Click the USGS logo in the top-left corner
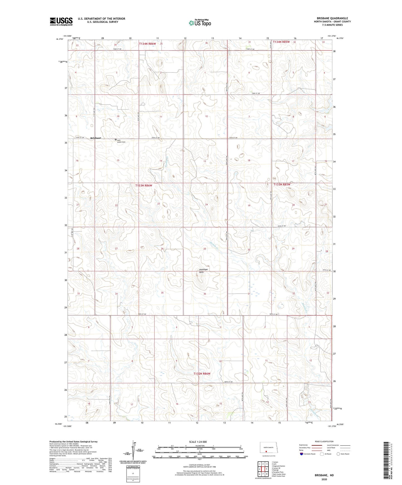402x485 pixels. tap(61, 21)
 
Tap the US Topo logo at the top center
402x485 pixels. tap(199, 23)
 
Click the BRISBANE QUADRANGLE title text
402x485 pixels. tap(332, 18)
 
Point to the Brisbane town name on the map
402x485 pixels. tap(96, 138)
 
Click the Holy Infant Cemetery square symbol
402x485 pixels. tap(116, 140)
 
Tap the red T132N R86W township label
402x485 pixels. tap(202, 374)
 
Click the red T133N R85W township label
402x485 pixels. tap(282, 184)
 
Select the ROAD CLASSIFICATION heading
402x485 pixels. tap(324, 441)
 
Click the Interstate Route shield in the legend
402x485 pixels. tap(302, 454)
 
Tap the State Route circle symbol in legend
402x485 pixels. tap(338, 454)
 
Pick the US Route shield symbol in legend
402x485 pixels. tap(322, 454)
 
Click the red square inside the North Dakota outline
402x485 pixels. tap(266, 451)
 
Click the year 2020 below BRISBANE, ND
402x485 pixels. tap(324, 479)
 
